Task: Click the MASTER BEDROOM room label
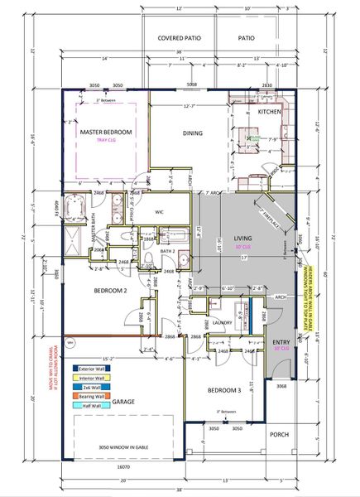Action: point(108,131)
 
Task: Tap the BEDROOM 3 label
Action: point(223,390)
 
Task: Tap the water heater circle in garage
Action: point(70,342)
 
